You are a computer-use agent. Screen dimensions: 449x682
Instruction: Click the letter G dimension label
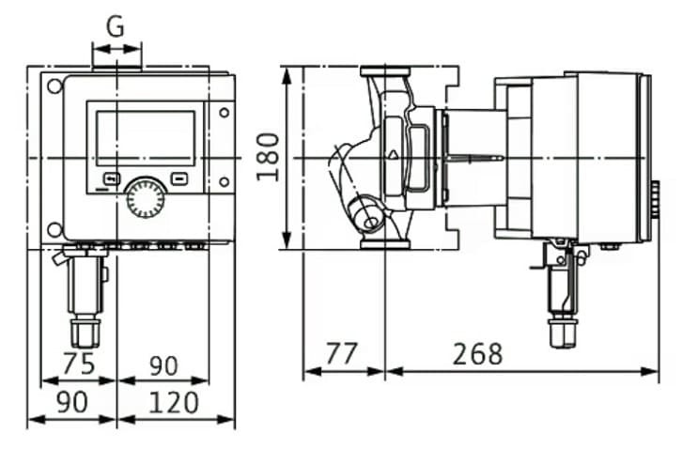coord(115,26)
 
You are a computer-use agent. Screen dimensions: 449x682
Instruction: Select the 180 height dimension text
coord(269,156)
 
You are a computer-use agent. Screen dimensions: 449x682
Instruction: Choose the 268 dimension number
coord(477,355)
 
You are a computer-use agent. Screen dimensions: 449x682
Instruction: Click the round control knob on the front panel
coord(146,197)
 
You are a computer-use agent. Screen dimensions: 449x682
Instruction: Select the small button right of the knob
coord(179,178)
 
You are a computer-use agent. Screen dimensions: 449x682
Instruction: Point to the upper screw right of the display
coord(224,113)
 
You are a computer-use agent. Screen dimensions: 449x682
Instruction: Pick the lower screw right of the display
coord(224,181)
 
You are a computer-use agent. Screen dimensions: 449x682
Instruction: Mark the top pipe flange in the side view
coord(384,73)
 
